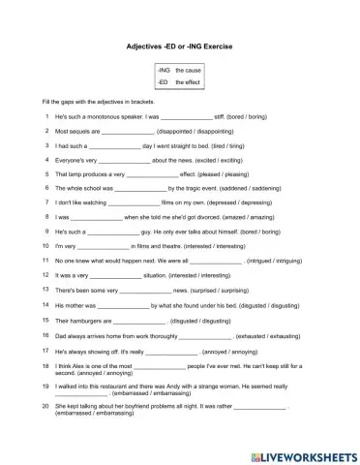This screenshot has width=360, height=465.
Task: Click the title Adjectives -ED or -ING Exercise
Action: (x=179, y=46)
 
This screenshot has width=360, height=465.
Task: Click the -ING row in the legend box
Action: (x=179, y=72)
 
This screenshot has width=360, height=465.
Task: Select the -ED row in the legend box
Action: (x=179, y=83)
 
